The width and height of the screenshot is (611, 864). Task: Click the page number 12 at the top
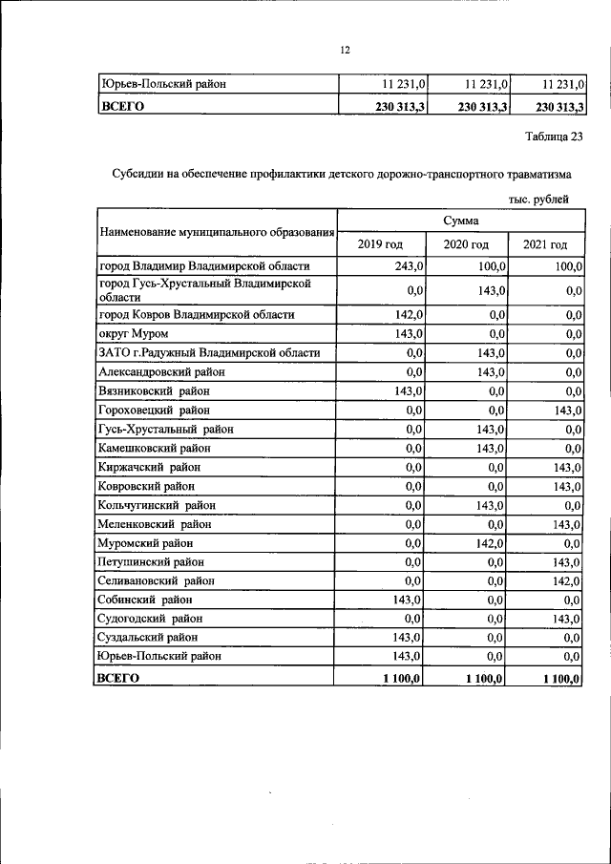tap(346, 50)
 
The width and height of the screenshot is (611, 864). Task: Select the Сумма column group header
tap(461, 221)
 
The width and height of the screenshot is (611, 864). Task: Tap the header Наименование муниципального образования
tap(216, 232)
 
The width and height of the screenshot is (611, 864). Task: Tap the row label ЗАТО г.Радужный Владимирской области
tap(208, 352)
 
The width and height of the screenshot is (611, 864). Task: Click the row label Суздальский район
tap(148, 637)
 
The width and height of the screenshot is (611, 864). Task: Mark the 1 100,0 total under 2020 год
tap(486, 678)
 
